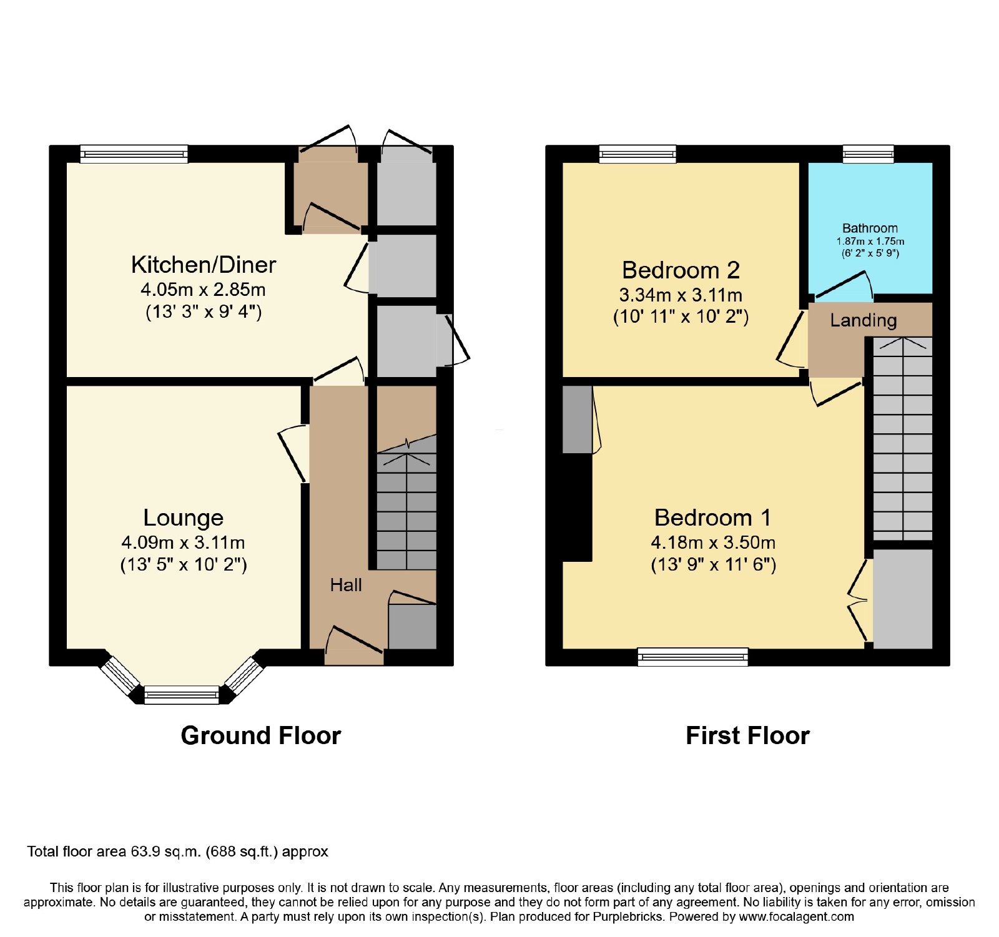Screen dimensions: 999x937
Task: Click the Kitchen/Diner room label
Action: pyautogui.click(x=204, y=265)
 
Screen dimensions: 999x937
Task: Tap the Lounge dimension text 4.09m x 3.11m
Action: pyautogui.click(x=183, y=542)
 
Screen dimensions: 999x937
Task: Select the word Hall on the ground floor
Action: pyautogui.click(x=346, y=585)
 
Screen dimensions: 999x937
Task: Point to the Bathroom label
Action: pyautogui.click(x=870, y=228)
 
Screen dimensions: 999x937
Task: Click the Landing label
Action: pyautogui.click(x=864, y=320)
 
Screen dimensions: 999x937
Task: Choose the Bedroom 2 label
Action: pyautogui.click(x=681, y=270)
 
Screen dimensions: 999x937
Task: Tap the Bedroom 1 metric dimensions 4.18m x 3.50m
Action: pyautogui.click(x=713, y=542)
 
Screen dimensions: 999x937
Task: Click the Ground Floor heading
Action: pyautogui.click(x=261, y=735)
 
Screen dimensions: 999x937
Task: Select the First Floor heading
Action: pyautogui.click(x=747, y=735)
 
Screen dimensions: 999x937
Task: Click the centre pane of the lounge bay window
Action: pyautogui.click(x=182, y=695)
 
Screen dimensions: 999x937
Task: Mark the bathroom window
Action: pyautogui.click(x=868, y=154)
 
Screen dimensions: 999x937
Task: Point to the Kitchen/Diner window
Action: pyautogui.click(x=134, y=154)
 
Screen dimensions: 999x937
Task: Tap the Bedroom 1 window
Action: pyautogui.click(x=692, y=657)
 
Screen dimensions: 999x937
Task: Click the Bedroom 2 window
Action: pyautogui.click(x=637, y=154)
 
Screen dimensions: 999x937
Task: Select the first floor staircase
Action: pyautogui.click(x=902, y=439)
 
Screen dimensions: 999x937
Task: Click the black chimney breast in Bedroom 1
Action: pyautogui.click(x=577, y=508)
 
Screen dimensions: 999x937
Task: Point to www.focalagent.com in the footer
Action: pyautogui.click(x=796, y=917)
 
